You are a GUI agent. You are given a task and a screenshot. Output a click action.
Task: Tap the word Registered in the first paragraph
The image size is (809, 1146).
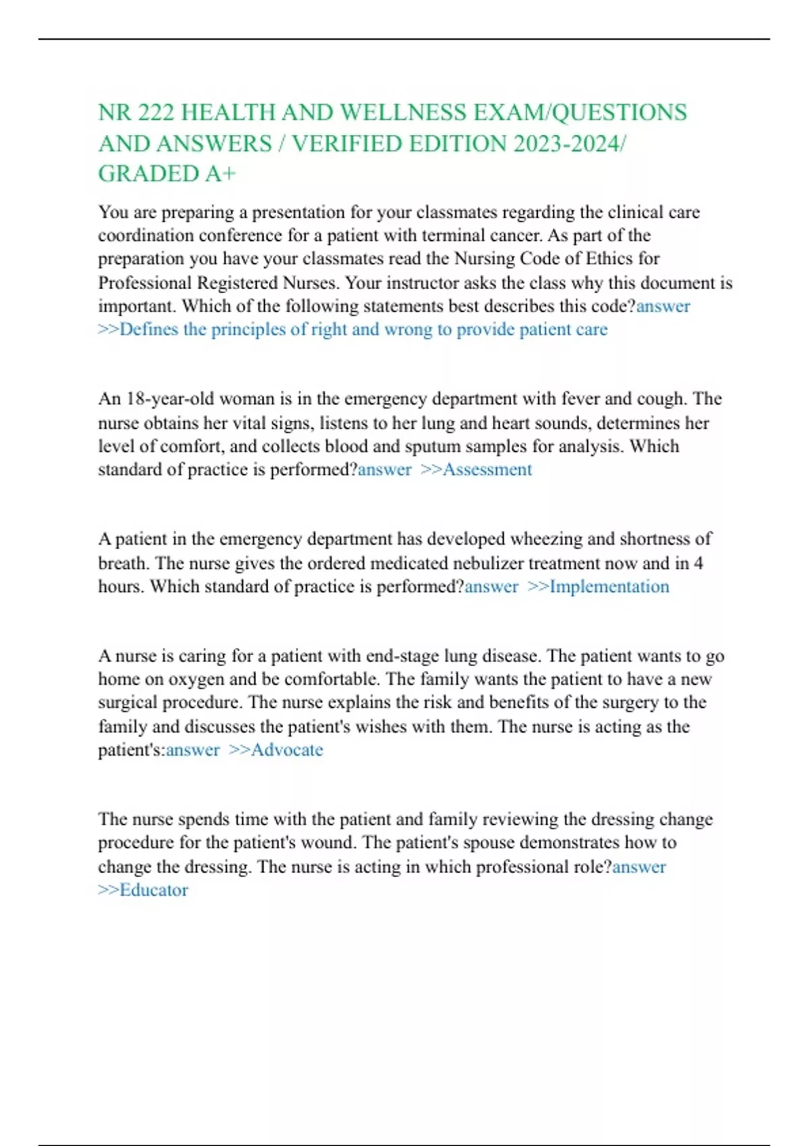coord(237,282)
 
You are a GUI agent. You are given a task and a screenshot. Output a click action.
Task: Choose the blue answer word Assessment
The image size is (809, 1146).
coord(487,470)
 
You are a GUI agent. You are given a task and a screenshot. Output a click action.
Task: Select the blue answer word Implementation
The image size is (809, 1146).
coord(609,586)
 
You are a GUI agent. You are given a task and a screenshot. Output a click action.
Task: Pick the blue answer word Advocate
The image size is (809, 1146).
coord(287,750)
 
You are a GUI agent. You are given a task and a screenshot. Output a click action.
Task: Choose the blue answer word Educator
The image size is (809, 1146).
coord(154,890)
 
